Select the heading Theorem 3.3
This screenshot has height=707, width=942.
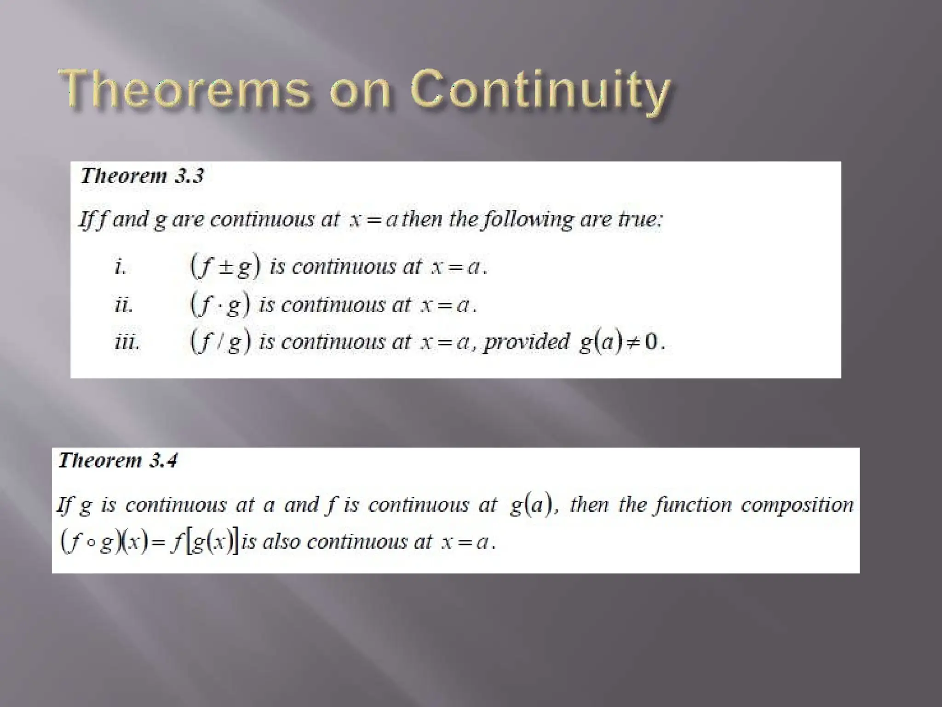(x=142, y=176)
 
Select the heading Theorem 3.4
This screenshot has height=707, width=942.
(x=118, y=461)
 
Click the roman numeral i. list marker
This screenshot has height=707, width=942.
(x=120, y=267)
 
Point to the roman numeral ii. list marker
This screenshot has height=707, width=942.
(x=124, y=305)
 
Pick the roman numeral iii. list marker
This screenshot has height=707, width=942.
(x=127, y=342)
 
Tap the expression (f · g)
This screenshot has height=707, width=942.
(x=220, y=305)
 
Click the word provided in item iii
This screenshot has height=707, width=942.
(x=527, y=342)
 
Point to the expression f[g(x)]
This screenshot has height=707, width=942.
(x=205, y=542)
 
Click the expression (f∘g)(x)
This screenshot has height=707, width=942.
(x=104, y=542)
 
